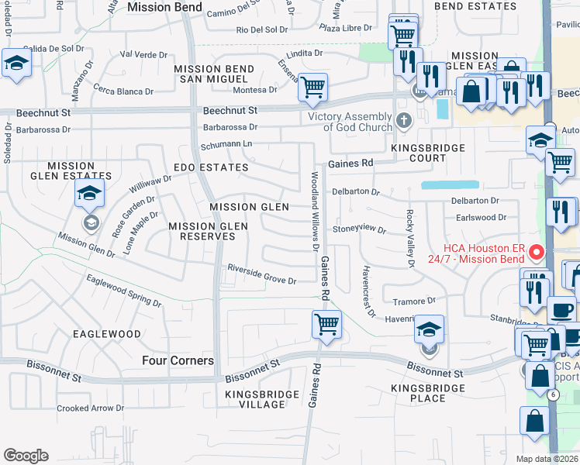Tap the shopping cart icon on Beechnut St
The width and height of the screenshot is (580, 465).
pos(312,88)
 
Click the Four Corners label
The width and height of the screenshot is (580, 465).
pos(178,360)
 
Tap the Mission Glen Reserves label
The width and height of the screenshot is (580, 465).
pos(208,231)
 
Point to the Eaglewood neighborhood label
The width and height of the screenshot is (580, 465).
pos(106,333)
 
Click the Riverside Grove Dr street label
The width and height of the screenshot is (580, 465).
pos(261,274)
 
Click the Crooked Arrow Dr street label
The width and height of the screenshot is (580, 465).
pos(91,408)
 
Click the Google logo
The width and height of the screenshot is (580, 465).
pos(26,456)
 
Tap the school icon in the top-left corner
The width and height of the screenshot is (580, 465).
pos(15,64)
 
